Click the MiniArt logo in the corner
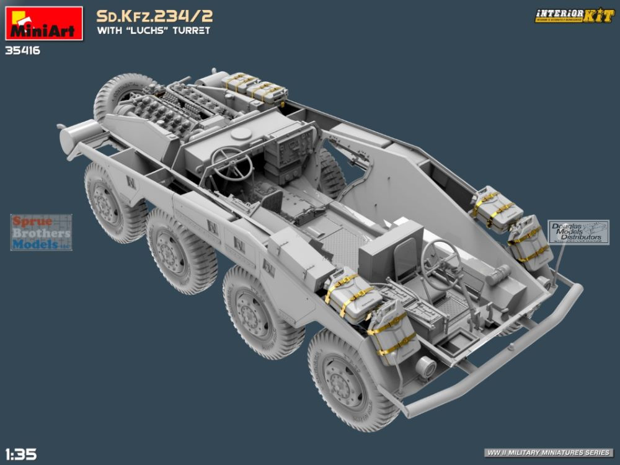pos(43,24)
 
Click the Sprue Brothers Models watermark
pos(41,232)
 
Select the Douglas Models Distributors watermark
pos(578,231)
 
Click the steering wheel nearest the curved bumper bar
pos(441,263)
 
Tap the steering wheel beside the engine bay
pos(231,163)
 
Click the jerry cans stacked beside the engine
pos(255,87)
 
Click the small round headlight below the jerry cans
pos(426,367)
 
